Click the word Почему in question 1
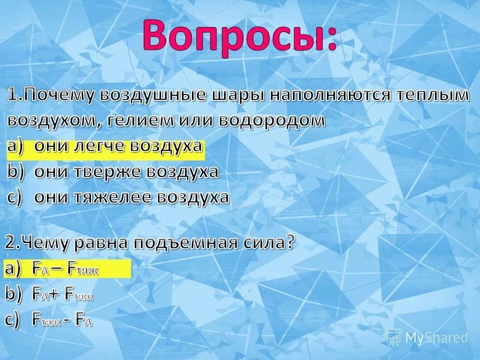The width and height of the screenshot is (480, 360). tap(60, 95)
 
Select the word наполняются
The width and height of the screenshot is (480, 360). tap(329, 95)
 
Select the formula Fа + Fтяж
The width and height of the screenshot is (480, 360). tap(63, 294)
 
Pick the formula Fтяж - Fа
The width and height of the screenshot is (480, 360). tap(62, 320)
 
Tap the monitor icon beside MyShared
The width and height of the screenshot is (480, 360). tap(393, 337)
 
